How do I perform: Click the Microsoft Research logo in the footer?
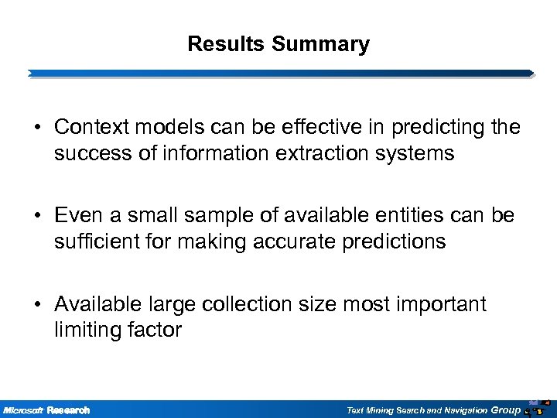click(46, 409)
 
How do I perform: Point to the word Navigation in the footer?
click(465, 409)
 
